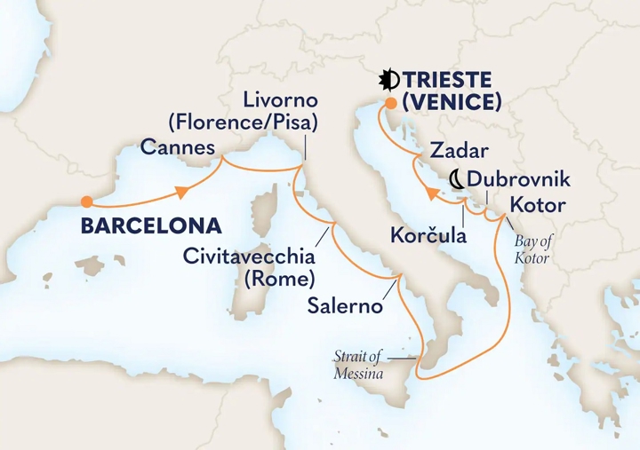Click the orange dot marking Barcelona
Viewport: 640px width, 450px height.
pos(86,201)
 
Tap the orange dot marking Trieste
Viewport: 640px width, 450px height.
pos(389,103)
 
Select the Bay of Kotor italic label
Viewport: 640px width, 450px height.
pos(532,250)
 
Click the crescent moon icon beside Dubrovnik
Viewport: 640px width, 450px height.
pos(456,180)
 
